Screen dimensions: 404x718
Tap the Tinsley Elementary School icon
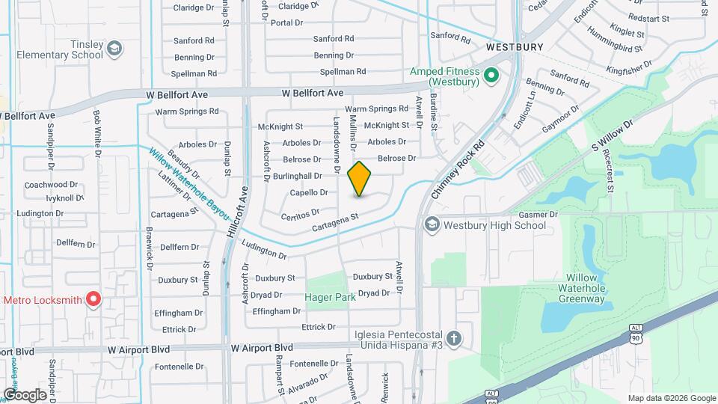coord(114,49)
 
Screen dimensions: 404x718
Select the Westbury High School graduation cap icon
coord(432,224)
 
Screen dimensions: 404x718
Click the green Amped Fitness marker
coord(491,75)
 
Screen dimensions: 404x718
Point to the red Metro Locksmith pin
coord(93,300)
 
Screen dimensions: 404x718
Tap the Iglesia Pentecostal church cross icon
coord(454,338)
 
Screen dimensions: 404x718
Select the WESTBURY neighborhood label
coord(514,46)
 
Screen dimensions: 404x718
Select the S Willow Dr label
coord(612,136)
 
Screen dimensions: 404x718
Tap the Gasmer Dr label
coord(538,215)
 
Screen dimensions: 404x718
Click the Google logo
coord(25,394)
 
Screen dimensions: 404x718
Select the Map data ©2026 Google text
coord(672,398)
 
